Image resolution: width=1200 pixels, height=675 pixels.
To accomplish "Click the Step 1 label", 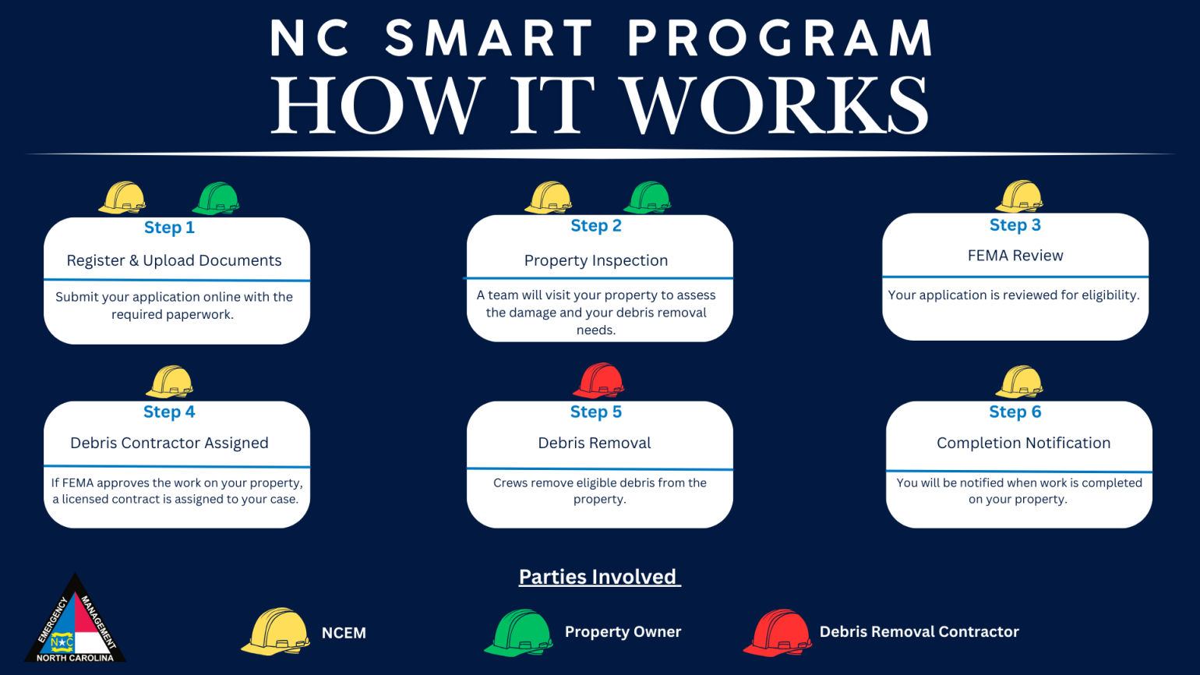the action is pyautogui.click(x=169, y=228).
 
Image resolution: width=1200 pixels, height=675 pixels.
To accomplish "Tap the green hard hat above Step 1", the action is pyautogui.click(x=216, y=199).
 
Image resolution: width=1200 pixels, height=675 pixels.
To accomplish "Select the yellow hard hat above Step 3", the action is pyautogui.click(x=1019, y=196).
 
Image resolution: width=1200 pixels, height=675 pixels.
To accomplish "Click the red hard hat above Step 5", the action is pyautogui.click(x=599, y=381).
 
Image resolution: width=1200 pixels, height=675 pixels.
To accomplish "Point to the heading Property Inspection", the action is pyautogui.click(x=595, y=260).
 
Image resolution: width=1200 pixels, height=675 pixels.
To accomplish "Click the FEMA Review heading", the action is pyautogui.click(x=1015, y=256).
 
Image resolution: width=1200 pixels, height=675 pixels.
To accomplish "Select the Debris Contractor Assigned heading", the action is pyautogui.click(x=169, y=443).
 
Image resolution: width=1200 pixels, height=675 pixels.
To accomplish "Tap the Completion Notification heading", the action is pyautogui.click(x=1023, y=443).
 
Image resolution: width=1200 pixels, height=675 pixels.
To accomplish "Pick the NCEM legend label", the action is pyautogui.click(x=344, y=633).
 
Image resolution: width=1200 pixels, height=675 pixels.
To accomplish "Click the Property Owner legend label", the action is pyautogui.click(x=623, y=632).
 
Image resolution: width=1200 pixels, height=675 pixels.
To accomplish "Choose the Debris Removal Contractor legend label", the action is pyautogui.click(x=919, y=631).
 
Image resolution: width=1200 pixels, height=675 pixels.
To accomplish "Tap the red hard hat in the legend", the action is pyautogui.click(x=778, y=633).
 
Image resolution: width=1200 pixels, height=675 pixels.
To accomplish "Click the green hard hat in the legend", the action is pyautogui.click(x=519, y=633).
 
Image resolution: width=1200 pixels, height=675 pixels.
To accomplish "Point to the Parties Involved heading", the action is pyautogui.click(x=599, y=577).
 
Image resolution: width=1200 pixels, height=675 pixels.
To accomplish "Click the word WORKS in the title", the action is pyautogui.click(x=776, y=105).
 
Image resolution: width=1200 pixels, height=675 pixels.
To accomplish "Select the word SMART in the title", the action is pyautogui.click(x=489, y=38).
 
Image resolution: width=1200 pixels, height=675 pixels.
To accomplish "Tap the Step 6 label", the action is pyautogui.click(x=1015, y=412).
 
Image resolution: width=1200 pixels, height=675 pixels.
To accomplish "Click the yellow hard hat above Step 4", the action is pyautogui.click(x=169, y=382).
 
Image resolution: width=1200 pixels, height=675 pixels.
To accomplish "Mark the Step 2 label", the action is pyautogui.click(x=596, y=225).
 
